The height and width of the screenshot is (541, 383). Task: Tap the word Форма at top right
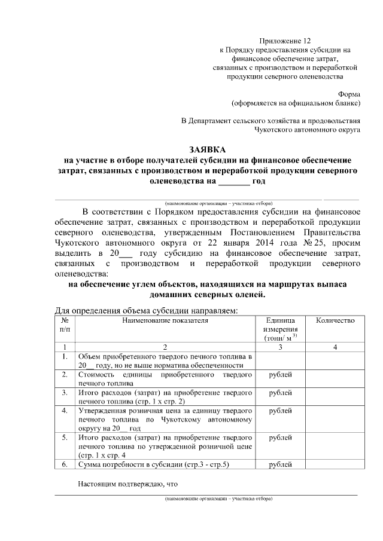[348, 94]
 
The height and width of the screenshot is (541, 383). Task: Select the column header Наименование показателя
[164, 320]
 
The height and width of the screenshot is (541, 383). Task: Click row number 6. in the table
[64, 464]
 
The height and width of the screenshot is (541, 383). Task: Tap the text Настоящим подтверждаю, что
[128, 483]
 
